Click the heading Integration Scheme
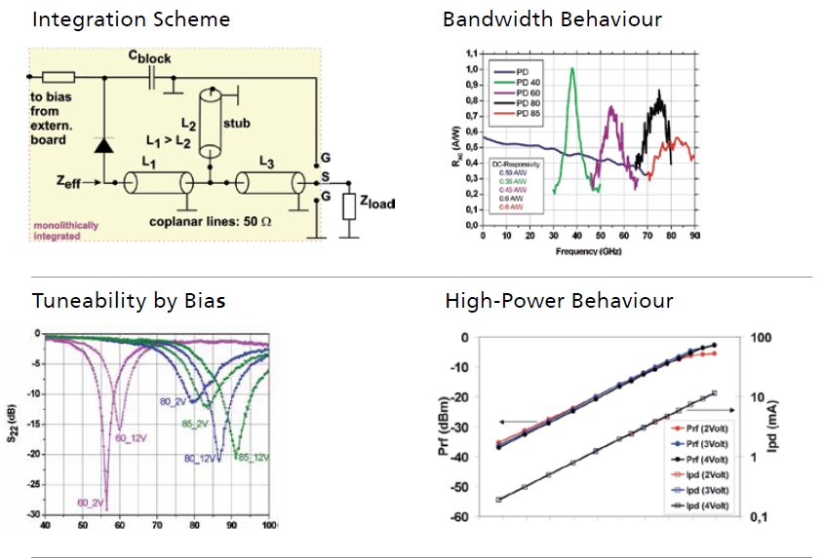coord(132,19)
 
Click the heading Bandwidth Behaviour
coord(552,19)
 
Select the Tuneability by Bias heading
coord(129,301)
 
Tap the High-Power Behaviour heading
coord(559,301)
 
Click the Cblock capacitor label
coord(151,58)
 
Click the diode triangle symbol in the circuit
coord(101,145)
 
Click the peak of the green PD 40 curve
coord(572,68)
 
